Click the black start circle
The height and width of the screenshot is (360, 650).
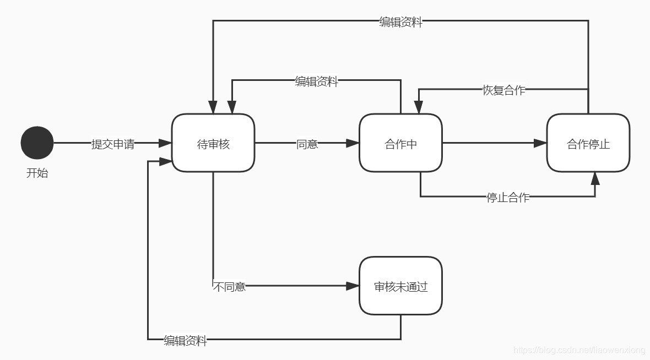point(37,143)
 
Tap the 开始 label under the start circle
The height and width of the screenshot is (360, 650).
point(37,173)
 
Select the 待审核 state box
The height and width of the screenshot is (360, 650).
point(213,144)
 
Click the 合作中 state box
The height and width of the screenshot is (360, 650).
point(400,144)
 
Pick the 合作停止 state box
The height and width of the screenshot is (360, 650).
point(588,144)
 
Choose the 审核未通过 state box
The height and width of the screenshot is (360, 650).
point(400,286)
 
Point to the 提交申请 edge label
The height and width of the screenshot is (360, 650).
point(112,144)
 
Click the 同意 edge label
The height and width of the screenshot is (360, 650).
point(307,144)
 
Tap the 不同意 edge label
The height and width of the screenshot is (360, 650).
point(229,287)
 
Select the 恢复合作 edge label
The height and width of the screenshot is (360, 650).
point(503,90)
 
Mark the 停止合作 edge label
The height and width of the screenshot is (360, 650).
point(507,197)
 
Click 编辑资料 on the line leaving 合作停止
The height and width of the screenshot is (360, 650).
point(400,22)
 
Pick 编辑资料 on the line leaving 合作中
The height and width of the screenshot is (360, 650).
point(316,82)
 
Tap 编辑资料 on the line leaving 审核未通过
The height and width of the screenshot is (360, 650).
point(185,341)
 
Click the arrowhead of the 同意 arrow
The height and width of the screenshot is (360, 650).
point(353,143)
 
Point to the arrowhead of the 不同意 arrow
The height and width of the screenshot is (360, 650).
point(353,286)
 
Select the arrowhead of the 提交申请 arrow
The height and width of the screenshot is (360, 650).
point(165,143)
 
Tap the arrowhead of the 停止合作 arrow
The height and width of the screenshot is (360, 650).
point(595,177)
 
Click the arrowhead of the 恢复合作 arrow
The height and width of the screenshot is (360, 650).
point(419,108)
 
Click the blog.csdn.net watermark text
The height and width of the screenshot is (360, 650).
point(578,350)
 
